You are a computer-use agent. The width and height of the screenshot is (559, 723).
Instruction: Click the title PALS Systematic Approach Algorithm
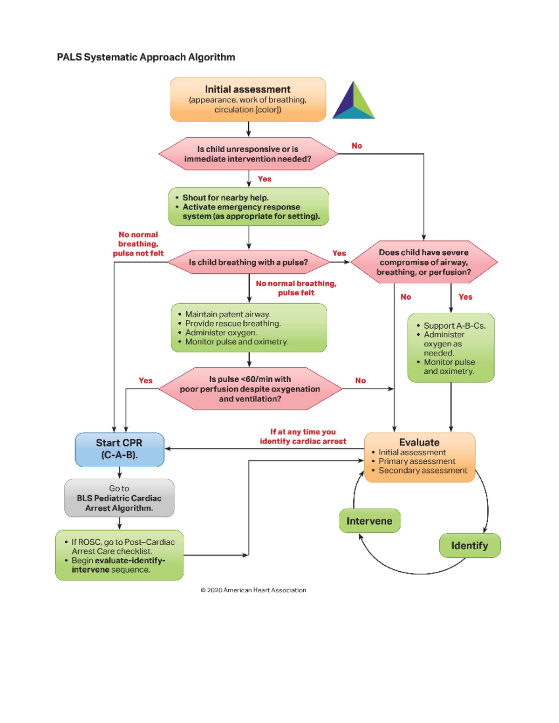[x=146, y=57]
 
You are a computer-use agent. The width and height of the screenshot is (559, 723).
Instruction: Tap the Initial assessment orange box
[x=248, y=99]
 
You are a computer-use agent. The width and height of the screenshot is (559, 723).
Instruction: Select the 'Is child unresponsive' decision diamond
[x=248, y=154]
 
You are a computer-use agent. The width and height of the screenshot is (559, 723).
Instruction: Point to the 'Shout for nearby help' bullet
[x=225, y=198]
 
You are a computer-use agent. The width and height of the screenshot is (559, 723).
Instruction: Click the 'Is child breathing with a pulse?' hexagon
[x=248, y=263]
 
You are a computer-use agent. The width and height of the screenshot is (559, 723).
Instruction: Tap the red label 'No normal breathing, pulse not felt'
[x=138, y=244]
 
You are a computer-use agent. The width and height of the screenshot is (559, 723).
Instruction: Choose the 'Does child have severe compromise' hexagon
[x=423, y=262]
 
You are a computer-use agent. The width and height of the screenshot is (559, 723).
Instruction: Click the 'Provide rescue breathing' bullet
[x=233, y=324]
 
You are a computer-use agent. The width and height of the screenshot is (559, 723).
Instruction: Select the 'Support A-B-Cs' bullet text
[x=454, y=326]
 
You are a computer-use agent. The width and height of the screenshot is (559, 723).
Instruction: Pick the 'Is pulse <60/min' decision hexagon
[x=250, y=389]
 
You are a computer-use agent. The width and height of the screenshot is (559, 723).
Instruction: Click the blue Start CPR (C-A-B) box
[x=119, y=449]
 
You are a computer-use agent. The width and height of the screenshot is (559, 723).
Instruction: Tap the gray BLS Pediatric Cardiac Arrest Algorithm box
[x=119, y=498]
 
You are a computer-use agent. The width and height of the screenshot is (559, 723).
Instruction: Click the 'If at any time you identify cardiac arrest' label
[x=303, y=437]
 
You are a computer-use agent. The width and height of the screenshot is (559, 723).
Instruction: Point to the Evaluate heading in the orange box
[x=419, y=442]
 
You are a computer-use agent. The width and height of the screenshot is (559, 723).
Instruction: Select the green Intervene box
[x=369, y=521]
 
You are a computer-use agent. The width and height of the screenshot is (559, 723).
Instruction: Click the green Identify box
[x=470, y=546]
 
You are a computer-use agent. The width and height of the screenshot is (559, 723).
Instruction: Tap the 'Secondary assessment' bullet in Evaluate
[x=423, y=471]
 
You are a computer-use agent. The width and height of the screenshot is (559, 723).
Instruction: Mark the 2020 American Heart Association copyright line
[x=253, y=590]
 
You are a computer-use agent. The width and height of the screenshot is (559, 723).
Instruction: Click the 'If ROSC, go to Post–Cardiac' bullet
[x=123, y=547]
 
